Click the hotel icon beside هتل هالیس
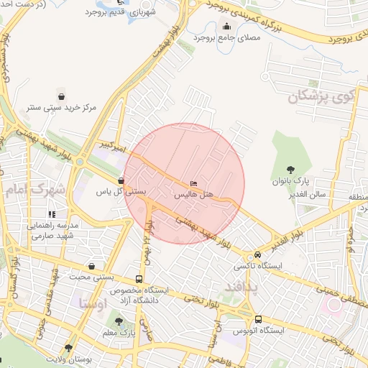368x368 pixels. (x=193, y=182)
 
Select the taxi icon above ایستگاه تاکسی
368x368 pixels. (x=257, y=256)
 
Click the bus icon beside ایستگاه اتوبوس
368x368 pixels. (x=257, y=318)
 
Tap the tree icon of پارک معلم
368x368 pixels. (x=119, y=322)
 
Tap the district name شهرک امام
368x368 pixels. (x=34, y=191)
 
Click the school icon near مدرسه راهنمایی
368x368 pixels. (x=51, y=214)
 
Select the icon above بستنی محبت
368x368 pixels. (x=90, y=265)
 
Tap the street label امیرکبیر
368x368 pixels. (x=114, y=147)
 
